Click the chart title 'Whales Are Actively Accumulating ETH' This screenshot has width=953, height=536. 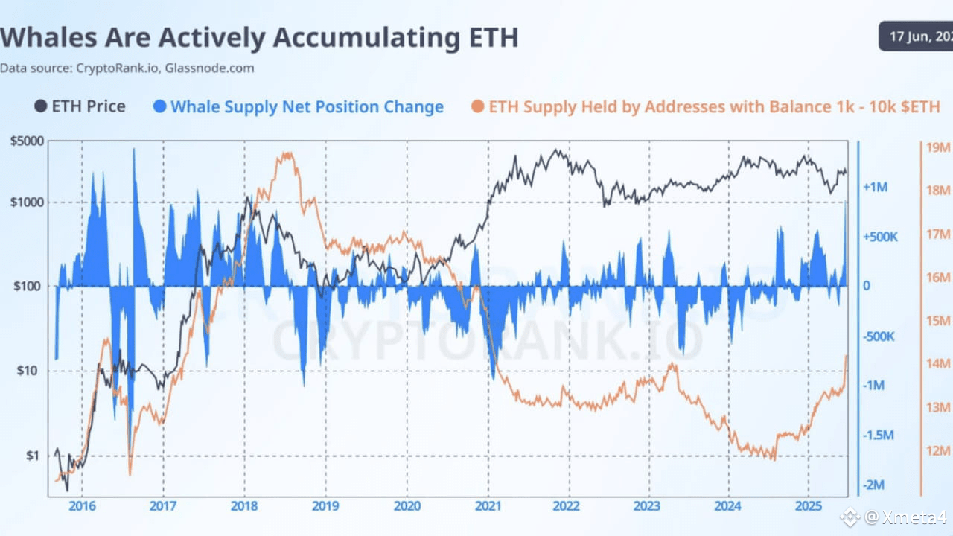tap(259, 37)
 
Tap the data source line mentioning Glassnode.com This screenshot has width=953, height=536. tap(127, 68)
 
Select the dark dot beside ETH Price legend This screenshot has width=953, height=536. tap(40, 106)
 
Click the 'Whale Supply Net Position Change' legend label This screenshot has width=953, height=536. tap(307, 106)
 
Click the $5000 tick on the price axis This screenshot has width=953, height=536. tap(26, 140)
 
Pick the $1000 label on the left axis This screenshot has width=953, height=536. tap(26, 202)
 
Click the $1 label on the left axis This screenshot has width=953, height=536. tap(34, 456)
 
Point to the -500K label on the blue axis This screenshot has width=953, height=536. tap(879, 336)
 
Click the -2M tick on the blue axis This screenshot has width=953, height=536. tap(875, 485)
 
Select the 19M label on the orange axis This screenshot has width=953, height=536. tap(938, 147)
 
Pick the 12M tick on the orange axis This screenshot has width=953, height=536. tap(938, 450)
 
